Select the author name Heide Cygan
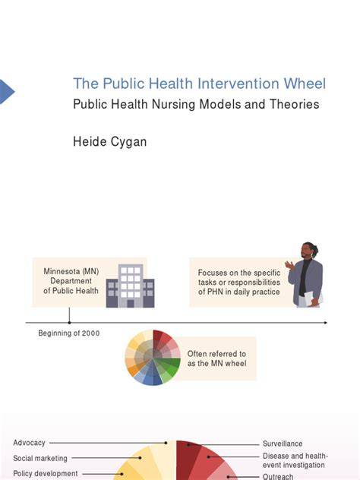coord(109,142)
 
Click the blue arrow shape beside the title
coord(7,91)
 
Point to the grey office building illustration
coord(130,286)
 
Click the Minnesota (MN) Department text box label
coord(71,281)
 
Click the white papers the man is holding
coord(313,298)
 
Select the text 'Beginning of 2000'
coord(69,333)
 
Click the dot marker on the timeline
coord(69,322)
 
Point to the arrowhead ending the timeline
coord(325,323)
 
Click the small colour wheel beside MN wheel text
coord(153,358)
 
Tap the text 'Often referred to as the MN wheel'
coord(216,358)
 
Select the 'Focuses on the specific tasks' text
coord(239,283)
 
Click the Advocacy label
coord(29,443)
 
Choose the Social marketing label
coord(40,458)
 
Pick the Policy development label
coord(46,474)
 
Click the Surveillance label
coord(283,444)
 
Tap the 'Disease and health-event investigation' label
coord(295,460)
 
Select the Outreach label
coord(278,476)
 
